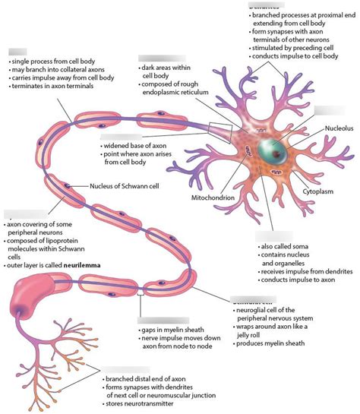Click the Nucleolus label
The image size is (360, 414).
pos(338,129)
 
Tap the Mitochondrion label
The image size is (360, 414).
pos(215,198)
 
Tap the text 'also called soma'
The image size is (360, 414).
pos(285,248)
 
